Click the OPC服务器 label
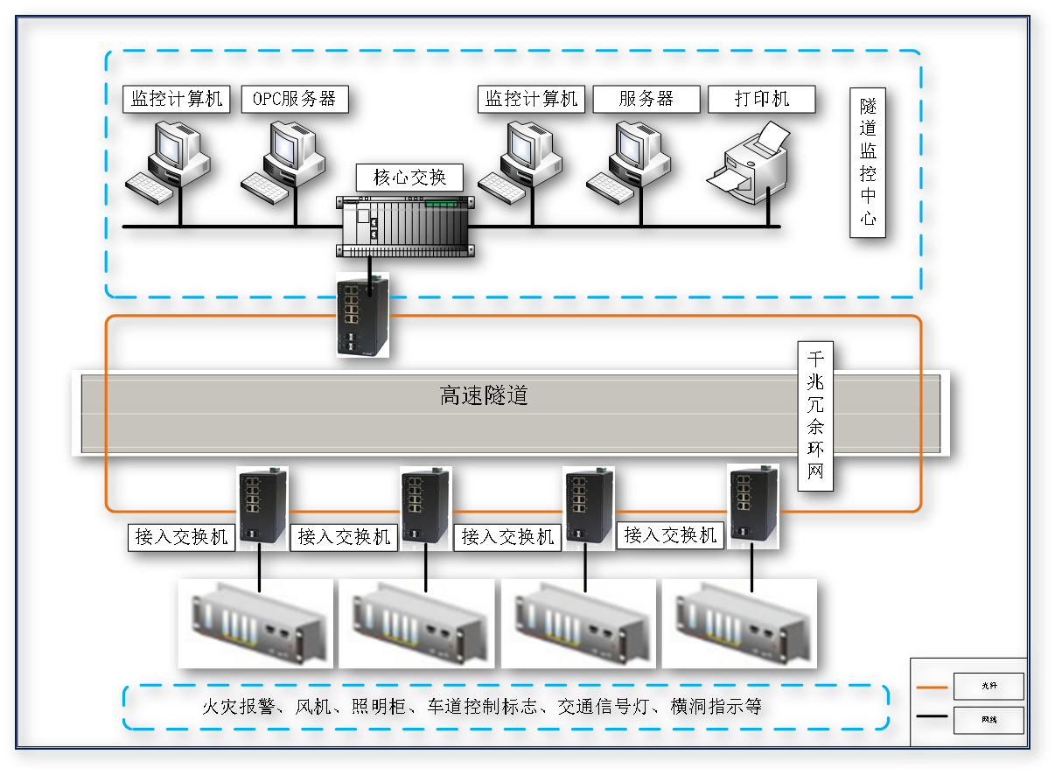pos(295,99)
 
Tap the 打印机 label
pos(761,99)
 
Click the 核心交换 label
pos(409,178)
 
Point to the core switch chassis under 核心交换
pos(407,226)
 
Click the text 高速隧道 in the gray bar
pos(484,395)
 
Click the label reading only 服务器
pos(646,99)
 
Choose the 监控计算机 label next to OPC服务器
pos(177,99)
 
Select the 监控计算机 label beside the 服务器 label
pos(532,99)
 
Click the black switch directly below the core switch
pos(362,315)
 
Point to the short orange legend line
pos(932,688)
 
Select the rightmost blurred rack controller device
pos(739,624)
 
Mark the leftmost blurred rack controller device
pos(255,624)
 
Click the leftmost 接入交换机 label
pos(182,536)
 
